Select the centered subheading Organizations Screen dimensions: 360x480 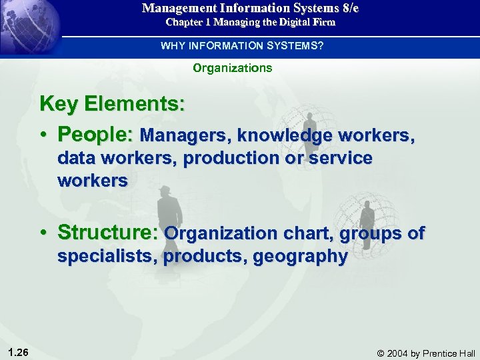(233, 68)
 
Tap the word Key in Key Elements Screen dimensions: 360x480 (57, 104)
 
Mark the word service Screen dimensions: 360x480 (341, 158)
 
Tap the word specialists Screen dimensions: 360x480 (107, 256)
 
